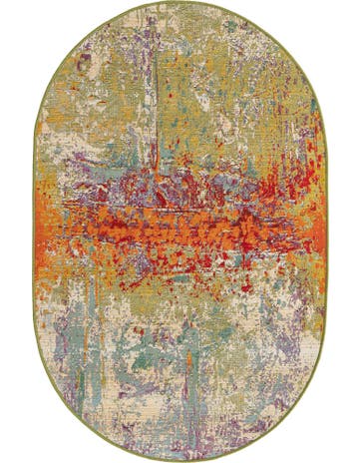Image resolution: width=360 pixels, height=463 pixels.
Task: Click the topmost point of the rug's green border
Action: coord(180,4)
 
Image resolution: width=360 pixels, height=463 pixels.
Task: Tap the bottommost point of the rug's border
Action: coord(180,459)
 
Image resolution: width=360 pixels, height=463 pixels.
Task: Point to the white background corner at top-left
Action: coord(8,8)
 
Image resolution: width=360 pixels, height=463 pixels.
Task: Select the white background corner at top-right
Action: coord(351,8)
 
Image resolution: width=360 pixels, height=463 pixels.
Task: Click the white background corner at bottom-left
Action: coord(8,454)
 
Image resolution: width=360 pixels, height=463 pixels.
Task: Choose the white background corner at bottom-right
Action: coord(351,454)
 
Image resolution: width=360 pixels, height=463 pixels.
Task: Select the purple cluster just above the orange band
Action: coord(180,185)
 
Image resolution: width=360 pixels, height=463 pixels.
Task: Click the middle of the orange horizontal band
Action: coord(180,225)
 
